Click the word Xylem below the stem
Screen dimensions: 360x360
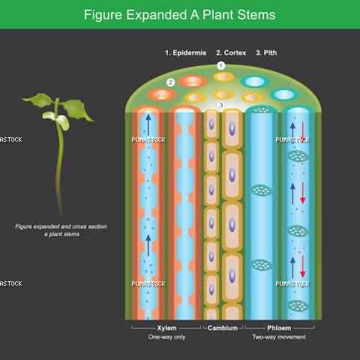166,328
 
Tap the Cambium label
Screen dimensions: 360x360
223,328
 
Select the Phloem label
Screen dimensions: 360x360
279,328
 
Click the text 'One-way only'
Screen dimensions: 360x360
166,337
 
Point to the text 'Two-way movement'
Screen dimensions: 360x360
279,337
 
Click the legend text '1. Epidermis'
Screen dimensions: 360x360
186,52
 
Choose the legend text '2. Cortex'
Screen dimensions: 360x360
231,52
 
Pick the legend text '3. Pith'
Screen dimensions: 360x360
266,52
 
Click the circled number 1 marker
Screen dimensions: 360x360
221,66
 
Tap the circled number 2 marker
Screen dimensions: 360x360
171,82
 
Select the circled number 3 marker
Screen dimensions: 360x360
220,105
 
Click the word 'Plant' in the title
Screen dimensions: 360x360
217,14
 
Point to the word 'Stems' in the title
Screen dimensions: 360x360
256,14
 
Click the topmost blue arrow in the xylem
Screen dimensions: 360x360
148,124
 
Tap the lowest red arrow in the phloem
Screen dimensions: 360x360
303,266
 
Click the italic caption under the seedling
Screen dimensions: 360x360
61,230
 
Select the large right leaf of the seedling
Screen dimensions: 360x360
76,109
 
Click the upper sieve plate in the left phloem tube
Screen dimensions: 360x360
261,190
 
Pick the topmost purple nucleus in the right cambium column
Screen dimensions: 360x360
232,128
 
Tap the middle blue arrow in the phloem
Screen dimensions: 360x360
292,193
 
